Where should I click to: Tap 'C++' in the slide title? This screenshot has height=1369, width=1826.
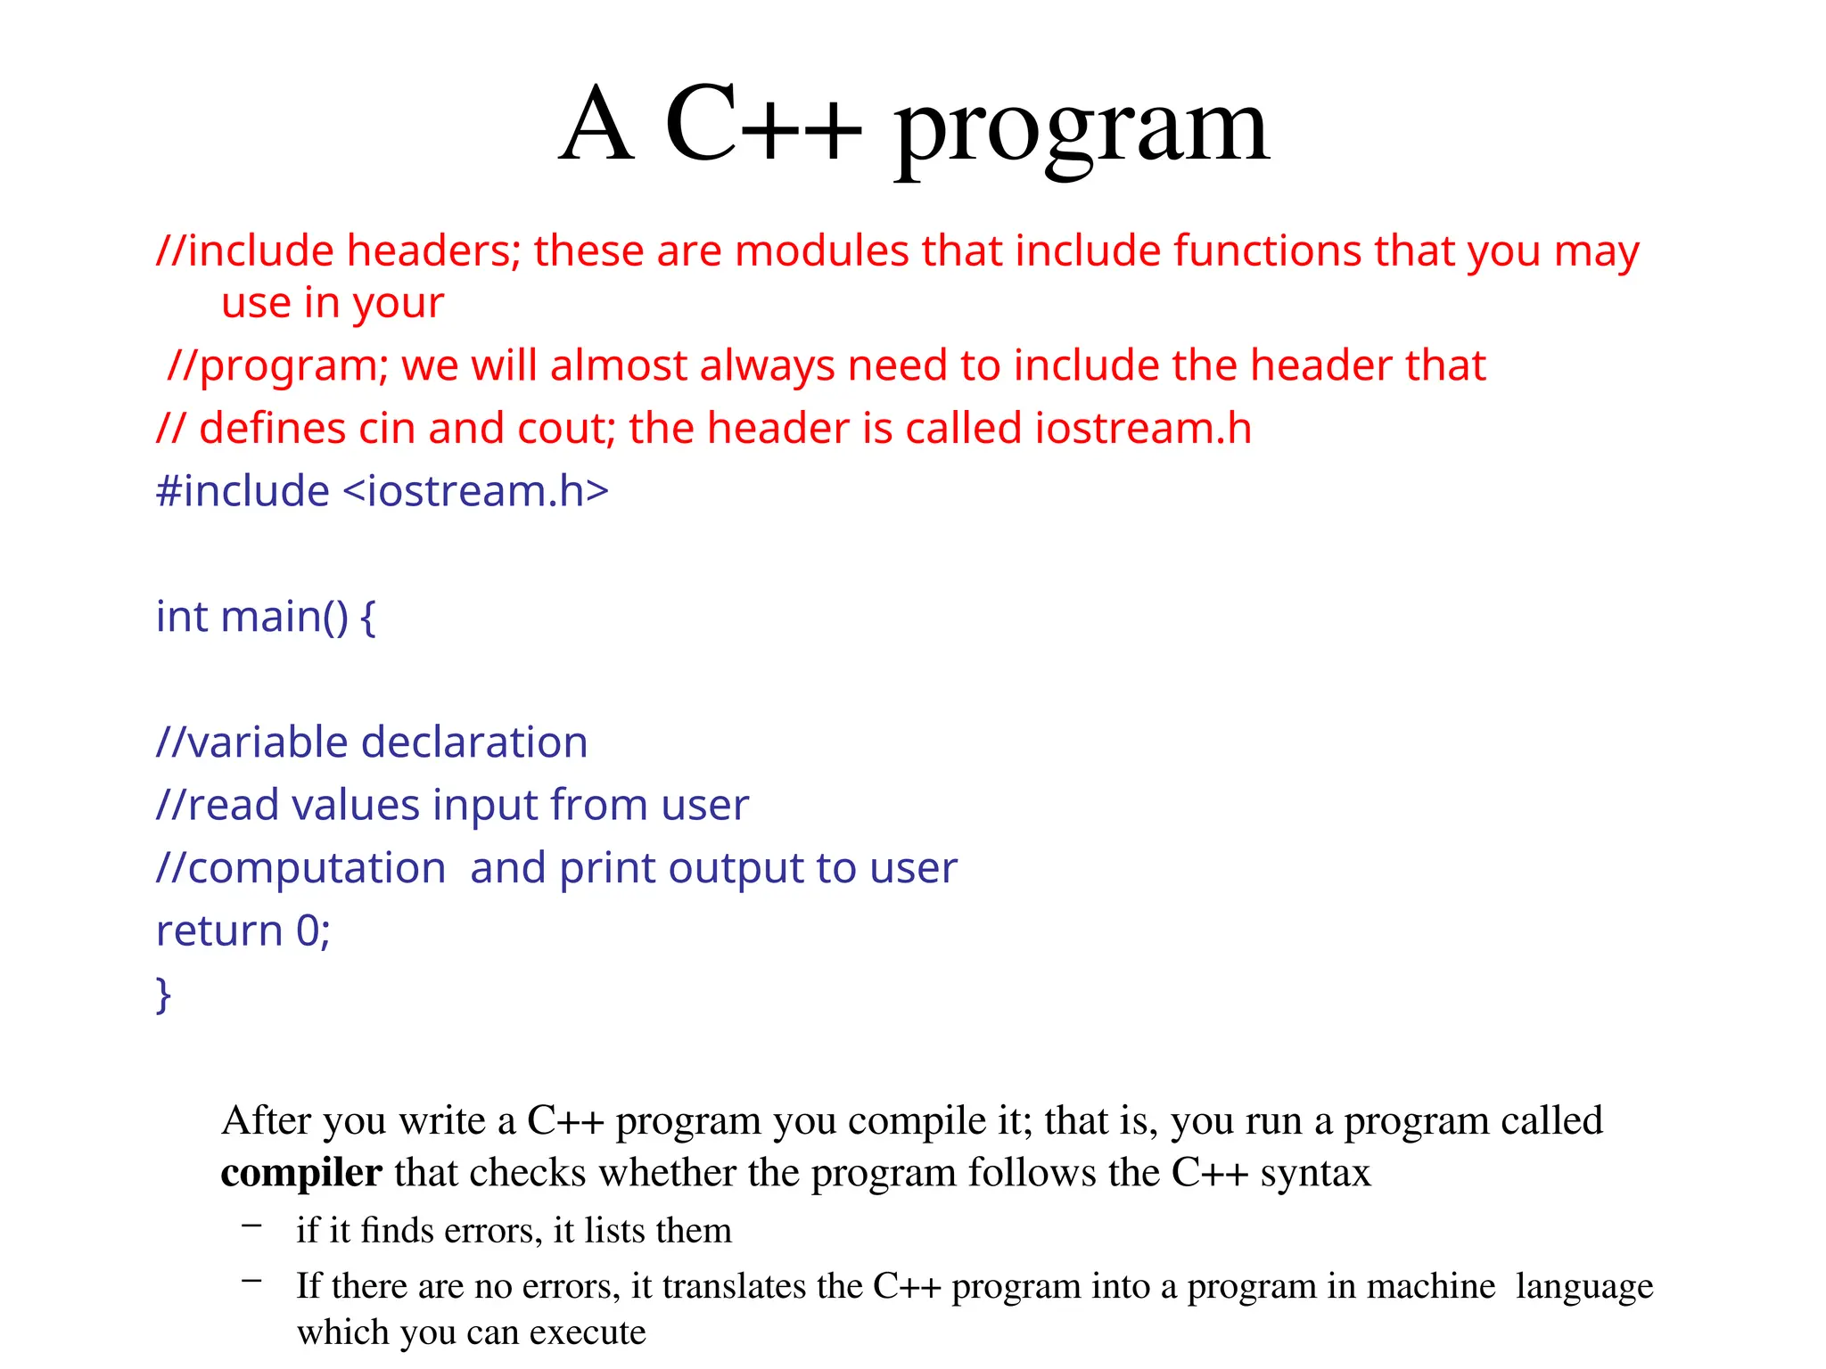click(x=763, y=125)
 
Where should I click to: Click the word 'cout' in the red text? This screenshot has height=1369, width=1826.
click(x=565, y=429)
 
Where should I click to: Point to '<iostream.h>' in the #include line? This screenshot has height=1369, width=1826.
click(x=475, y=491)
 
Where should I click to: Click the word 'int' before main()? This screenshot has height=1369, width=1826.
click(x=181, y=617)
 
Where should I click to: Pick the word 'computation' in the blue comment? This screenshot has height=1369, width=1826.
click(x=317, y=868)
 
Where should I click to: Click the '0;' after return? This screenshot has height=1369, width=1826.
click(x=313, y=931)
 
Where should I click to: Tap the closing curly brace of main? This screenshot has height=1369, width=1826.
click(x=163, y=995)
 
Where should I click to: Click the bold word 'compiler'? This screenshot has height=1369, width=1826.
click(x=301, y=1173)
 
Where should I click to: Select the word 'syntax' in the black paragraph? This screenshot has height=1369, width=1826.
click(x=1315, y=1173)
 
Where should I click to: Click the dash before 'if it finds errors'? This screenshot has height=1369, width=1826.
click(x=251, y=1227)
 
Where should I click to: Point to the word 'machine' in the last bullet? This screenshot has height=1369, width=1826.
click(x=1430, y=1286)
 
